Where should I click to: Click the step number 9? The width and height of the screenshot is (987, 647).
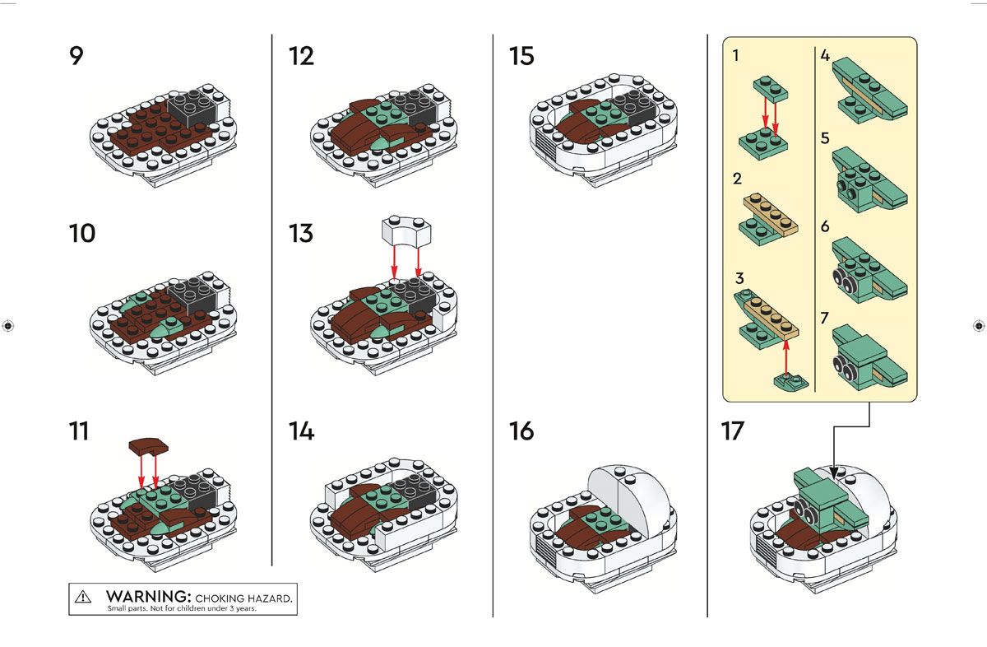click(76, 56)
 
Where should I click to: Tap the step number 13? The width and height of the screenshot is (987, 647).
click(301, 233)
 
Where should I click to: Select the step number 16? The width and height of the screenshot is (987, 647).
click(521, 431)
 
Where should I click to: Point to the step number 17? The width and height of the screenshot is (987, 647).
click(733, 431)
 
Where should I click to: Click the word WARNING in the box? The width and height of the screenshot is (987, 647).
click(149, 596)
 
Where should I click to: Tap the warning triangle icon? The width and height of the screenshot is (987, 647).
click(83, 597)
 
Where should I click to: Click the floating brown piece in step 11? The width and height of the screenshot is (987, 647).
click(149, 446)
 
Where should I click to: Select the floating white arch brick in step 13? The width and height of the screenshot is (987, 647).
click(406, 230)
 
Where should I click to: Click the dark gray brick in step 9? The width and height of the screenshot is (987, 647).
click(192, 108)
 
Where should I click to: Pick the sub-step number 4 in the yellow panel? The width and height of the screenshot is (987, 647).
click(825, 56)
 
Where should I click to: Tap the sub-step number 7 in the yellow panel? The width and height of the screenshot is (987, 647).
click(824, 318)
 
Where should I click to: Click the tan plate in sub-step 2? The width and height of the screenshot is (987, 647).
click(771, 213)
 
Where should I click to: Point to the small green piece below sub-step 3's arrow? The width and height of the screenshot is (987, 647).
click(791, 380)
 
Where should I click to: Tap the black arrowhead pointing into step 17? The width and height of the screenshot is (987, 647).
click(833, 472)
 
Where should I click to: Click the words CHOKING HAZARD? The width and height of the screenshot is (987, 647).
click(243, 598)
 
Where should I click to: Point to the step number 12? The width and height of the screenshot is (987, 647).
click(301, 56)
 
